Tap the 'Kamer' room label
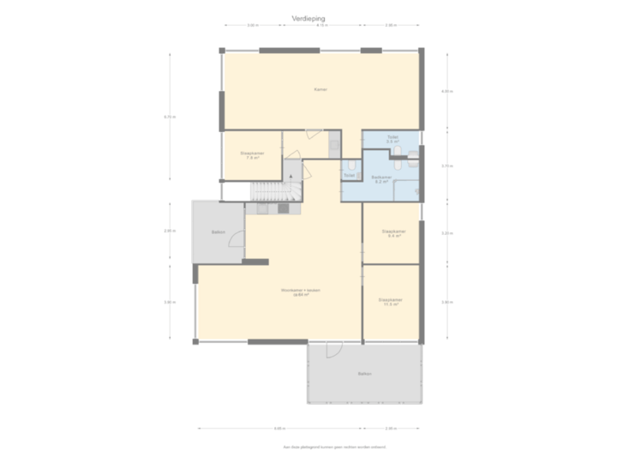pyautogui.click(x=320, y=88)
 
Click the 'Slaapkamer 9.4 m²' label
pyautogui.click(x=392, y=233)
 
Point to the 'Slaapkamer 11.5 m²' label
pyautogui.click(x=390, y=301)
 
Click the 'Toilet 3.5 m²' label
pyautogui.click(x=392, y=139)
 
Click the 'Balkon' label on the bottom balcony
pyautogui.click(x=365, y=375)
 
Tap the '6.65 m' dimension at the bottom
pyautogui.click(x=279, y=428)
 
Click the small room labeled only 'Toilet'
pyautogui.click(x=349, y=175)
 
